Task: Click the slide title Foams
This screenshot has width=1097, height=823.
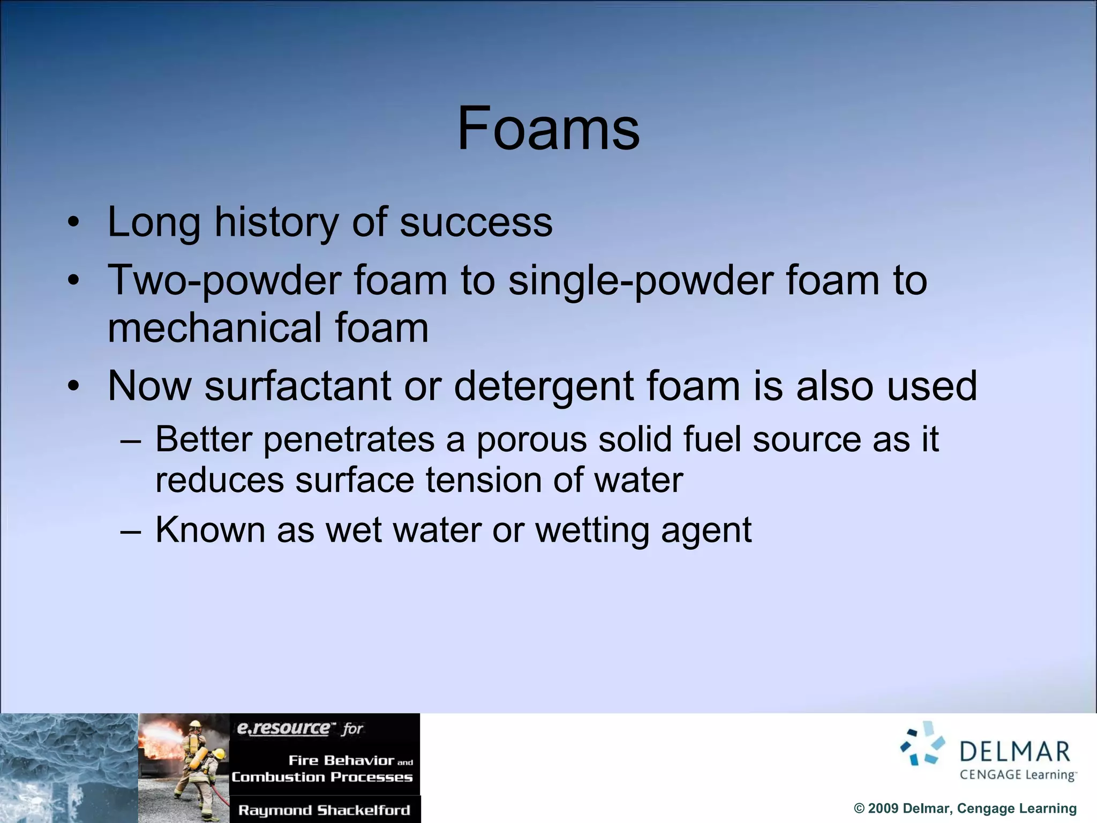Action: (548, 129)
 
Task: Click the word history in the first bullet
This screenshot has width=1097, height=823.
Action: (276, 222)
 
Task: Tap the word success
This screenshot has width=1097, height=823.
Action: (476, 222)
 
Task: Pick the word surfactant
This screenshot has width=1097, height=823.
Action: (297, 386)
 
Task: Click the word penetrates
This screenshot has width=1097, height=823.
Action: (349, 440)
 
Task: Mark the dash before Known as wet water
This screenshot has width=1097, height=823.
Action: (131, 531)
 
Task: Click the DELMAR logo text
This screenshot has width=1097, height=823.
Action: (1015, 752)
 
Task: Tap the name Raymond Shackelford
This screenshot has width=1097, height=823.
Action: (324, 810)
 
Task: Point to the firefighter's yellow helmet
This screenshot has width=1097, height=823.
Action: (196, 724)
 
